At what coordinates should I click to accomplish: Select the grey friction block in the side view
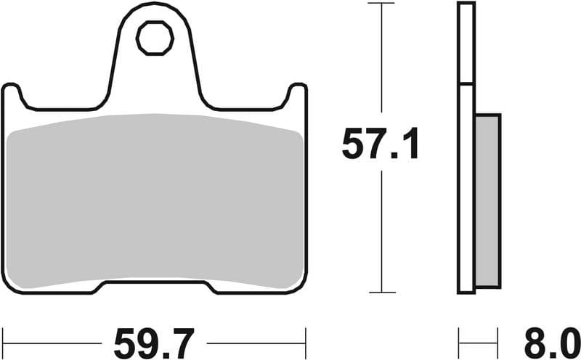[488, 200]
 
